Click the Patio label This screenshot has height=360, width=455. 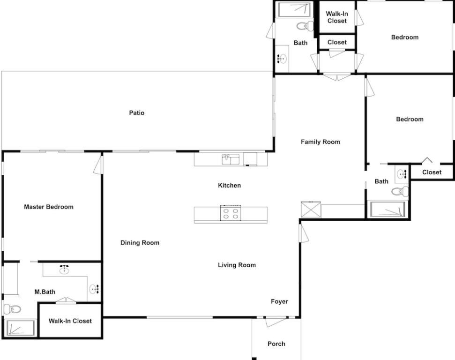pyautogui.click(x=137, y=112)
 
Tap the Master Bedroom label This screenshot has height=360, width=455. pyautogui.click(x=49, y=207)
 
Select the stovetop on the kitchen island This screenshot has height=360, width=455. pyautogui.click(x=231, y=213)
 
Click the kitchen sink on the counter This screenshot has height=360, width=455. pyautogui.click(x=231, y=159)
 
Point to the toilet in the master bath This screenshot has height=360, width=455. pyautogui.click(x=12, y=309)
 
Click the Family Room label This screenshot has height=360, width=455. pyautogui.click(x=321, y=142)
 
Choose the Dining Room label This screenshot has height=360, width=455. pyautogui.click(x=140, y=243)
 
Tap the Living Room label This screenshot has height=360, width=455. pyautogui.click(x=237, y=265)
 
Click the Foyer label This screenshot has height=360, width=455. pyautogui.click(x=279, y=302)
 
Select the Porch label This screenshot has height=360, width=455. pyautogui.click(x=276, y=344)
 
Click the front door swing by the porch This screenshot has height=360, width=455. pyautogui.click(x=275, y=322)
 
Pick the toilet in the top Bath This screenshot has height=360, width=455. pyautogui.click(x=305, y=26)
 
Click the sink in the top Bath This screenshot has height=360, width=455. pyautogui.click(x=281, y=59)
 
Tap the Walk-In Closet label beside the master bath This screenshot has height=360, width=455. pyautogui.click(x=70, y=321)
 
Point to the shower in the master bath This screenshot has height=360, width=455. pyautogui.click(x=20, y=328)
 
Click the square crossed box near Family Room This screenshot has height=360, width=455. pyautogui.click(x=311, y=210)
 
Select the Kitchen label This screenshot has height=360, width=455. pyautogui.click(x=230, y=186)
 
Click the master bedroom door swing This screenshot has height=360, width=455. pyautogui.click(x=98, y=165)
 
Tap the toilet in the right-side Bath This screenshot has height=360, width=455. pyautogui.click(x=400, y=191)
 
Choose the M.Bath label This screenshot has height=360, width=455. pyautogui.click(x=45, y=292)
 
